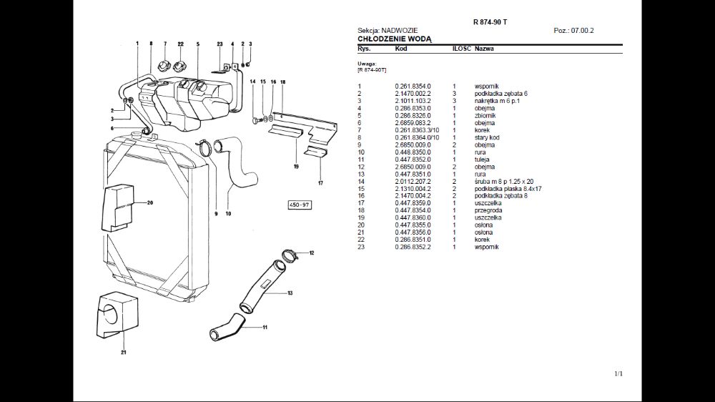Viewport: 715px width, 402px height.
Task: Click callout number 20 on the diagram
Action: tap(150, 202)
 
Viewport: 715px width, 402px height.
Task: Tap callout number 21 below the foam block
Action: tap(123, 352)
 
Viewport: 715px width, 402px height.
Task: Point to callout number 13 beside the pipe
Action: tap(289, 293)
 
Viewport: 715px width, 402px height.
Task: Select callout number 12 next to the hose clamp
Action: tap(312, 253)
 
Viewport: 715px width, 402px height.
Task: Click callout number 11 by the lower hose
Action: tap(265, 327)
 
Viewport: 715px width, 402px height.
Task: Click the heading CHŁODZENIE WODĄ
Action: tap(395, 39)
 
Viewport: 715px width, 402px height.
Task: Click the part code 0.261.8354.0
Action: tap(413, 86)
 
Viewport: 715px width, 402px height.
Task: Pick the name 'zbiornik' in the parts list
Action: tap(485, 115)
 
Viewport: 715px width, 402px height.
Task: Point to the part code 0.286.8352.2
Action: tap(413, 247)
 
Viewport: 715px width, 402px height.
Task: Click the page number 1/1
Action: tap(618, 373)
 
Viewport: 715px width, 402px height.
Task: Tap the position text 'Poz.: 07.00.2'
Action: tap(573, 31)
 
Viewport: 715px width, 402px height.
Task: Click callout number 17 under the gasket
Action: tap(320, 183)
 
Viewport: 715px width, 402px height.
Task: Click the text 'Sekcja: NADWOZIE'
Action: tap(384, 31)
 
